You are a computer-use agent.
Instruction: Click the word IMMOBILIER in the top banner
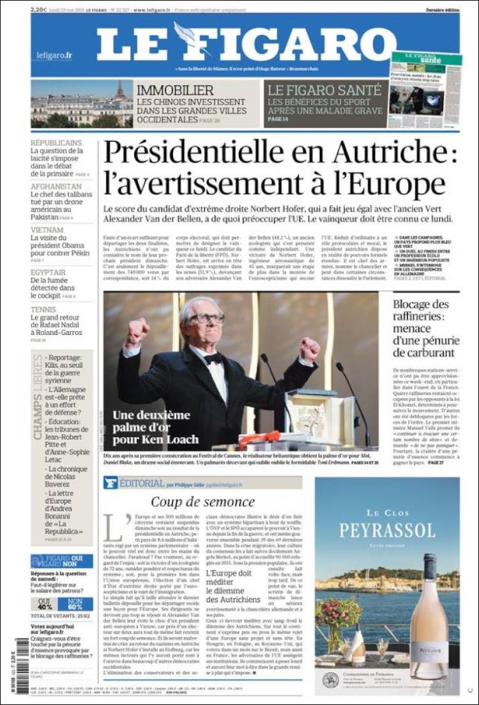[x=175, y=90]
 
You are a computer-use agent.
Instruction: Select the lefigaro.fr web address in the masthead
[x=54, y=56]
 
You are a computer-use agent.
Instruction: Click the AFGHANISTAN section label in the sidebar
[x=56, y=187]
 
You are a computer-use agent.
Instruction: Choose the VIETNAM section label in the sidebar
[x=47, y=230]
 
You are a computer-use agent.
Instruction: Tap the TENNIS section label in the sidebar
[x=43, y=310]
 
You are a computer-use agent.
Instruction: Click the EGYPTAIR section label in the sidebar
[x=49, y=272]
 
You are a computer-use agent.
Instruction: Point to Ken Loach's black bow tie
[x=213, y=358]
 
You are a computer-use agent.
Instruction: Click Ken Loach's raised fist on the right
[x=309, y=349]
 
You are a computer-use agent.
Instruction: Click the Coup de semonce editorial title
[x=202, y=502]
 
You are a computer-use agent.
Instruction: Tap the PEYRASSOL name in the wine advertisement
[x=387, y=530]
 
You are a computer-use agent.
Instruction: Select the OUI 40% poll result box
[x=45, y=605]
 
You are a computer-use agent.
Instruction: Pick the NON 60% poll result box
[x=75, y=605]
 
